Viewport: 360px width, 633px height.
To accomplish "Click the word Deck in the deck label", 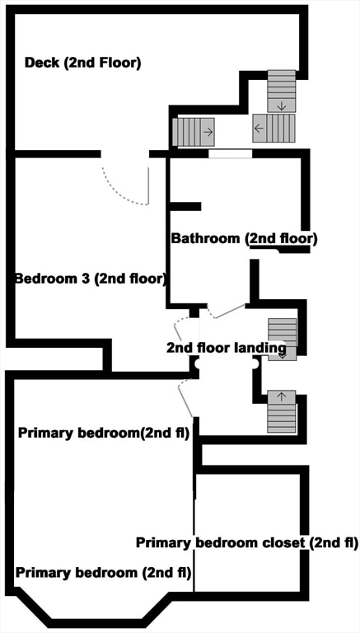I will pos(41,63).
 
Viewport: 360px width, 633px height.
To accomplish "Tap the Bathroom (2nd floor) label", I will pos(244,238).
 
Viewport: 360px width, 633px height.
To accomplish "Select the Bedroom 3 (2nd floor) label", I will pos(91,278).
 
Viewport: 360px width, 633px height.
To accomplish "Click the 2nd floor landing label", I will pos(226,348).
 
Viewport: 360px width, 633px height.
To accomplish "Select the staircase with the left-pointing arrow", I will pos(274,128).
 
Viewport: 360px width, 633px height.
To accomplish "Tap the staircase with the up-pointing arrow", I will pos(281,411).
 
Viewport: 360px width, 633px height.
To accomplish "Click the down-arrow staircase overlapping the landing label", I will pos(283,338).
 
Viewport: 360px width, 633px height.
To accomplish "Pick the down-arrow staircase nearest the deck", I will pos(281,91).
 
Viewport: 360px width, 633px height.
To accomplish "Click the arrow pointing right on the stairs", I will pos(208,131).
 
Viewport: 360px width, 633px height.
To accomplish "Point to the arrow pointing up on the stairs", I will pos(281,397).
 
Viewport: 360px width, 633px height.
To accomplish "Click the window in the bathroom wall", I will pos(230,152).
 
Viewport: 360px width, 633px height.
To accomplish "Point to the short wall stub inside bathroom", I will pos(185,206).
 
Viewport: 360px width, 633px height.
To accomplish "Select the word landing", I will pos(259,348).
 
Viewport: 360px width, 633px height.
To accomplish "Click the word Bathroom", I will pos(206,238).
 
